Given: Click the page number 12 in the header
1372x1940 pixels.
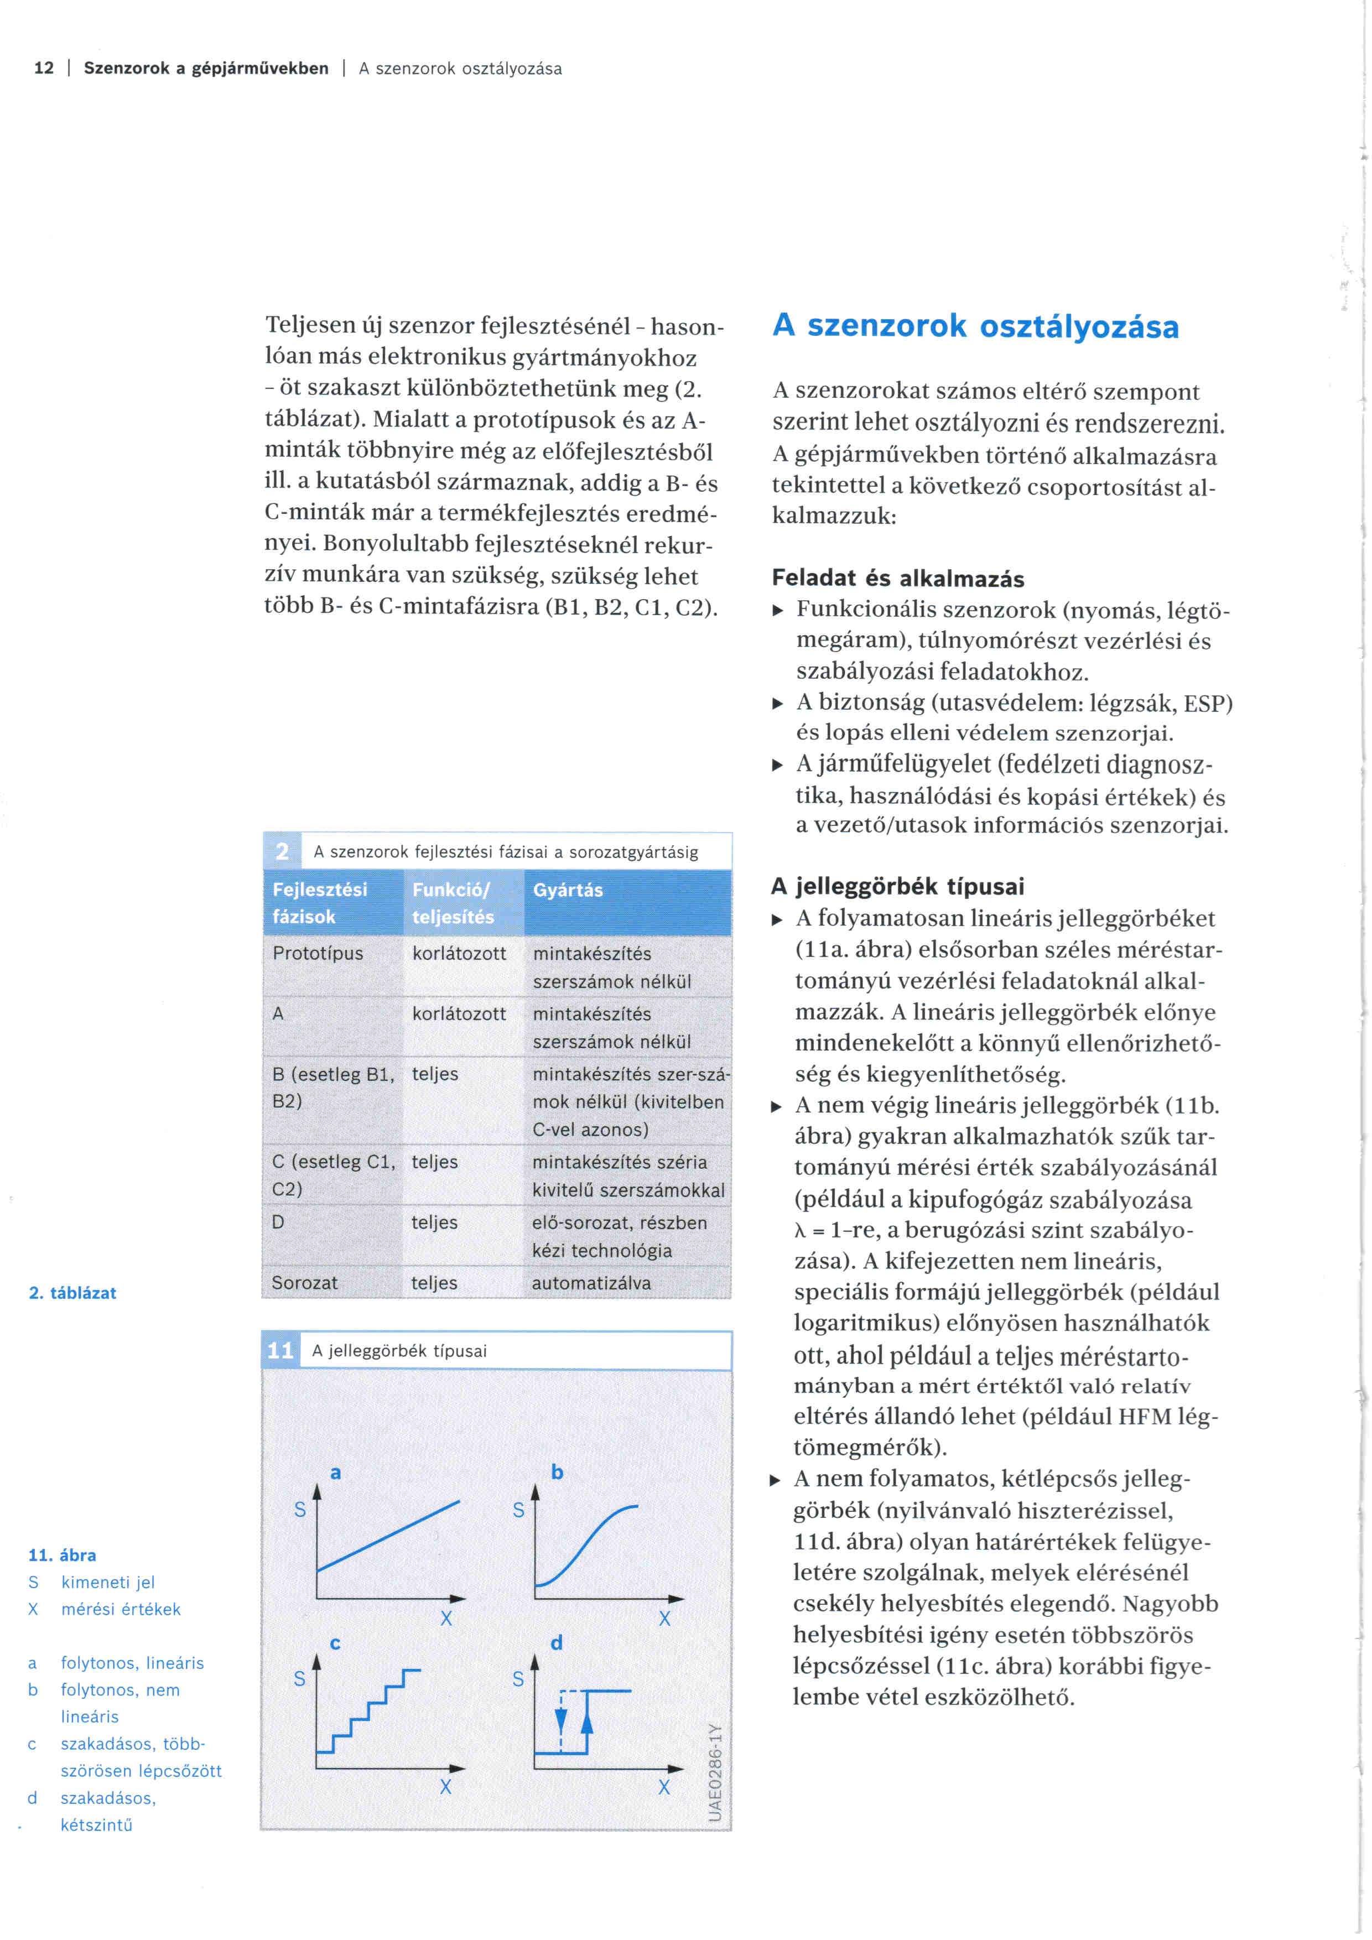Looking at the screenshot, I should (x=44, y=69).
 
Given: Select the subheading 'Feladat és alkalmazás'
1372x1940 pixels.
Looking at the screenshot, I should (x=897, y=579).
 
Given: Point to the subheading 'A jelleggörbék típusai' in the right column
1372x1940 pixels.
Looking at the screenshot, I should (x=897, y=886).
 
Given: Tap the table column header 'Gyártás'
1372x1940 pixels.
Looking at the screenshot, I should (x=568, y=890).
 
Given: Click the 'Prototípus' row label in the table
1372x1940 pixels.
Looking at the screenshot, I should (x=318, y=953).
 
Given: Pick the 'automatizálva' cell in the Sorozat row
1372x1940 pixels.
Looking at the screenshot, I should (x=591, y=1283).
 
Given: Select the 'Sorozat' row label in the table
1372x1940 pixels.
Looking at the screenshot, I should (x=304, y=1283).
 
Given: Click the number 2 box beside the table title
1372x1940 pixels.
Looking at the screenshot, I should (x=282, y=851).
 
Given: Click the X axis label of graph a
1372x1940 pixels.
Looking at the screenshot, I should (x=446, y=1618).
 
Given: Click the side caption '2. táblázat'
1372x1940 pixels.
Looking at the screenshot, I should (x=72, y=1293).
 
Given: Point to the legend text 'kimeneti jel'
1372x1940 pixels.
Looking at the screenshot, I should (x=108, y=1583).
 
